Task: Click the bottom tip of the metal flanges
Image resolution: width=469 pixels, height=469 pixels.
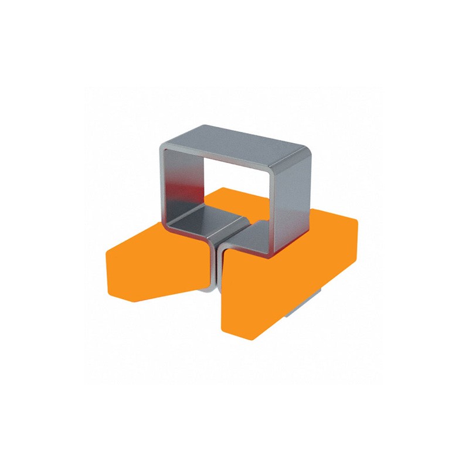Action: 213,291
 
